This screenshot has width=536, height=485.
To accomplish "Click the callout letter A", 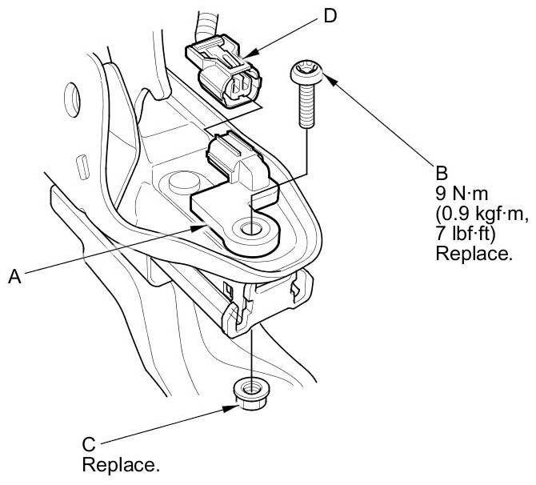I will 14,276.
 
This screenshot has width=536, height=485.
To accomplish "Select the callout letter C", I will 90,442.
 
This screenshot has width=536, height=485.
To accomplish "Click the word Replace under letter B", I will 472,255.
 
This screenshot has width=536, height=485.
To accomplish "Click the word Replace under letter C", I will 121,463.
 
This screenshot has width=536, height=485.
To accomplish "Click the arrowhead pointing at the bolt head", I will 322,76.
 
